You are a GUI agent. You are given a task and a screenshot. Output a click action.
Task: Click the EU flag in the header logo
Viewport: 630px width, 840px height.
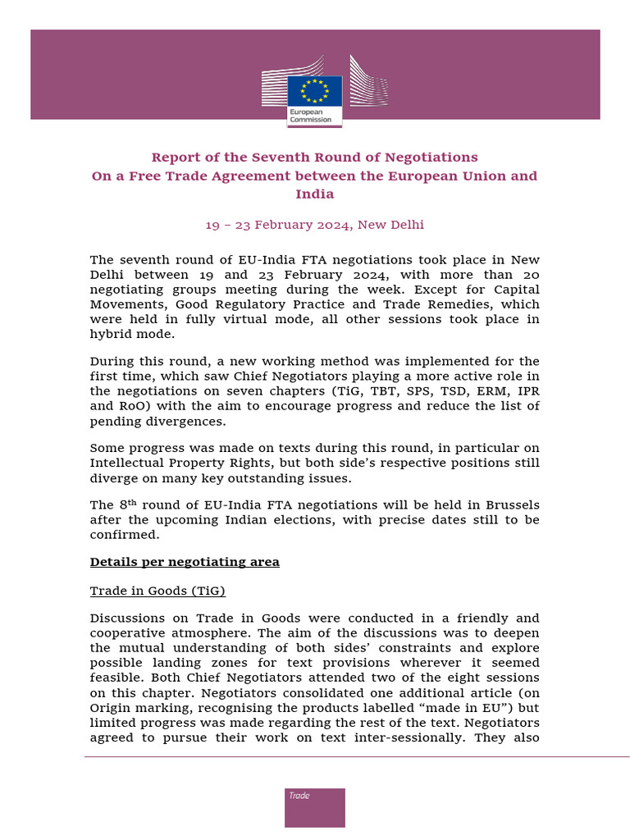[315, 90]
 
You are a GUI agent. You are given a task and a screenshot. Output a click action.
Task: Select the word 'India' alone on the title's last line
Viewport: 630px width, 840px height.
[315, 194]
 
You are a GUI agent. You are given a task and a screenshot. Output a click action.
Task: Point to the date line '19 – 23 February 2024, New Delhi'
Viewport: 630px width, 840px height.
[315, 225]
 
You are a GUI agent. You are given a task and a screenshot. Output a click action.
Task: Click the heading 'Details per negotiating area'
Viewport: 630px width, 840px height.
[185, 562]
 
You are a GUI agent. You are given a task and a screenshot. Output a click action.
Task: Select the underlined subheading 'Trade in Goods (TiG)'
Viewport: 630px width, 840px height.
[157, 591]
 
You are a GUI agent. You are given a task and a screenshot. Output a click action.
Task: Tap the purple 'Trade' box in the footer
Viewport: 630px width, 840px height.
[315, 807]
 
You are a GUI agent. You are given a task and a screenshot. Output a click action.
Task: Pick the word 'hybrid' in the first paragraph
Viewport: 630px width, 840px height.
[110, 334]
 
